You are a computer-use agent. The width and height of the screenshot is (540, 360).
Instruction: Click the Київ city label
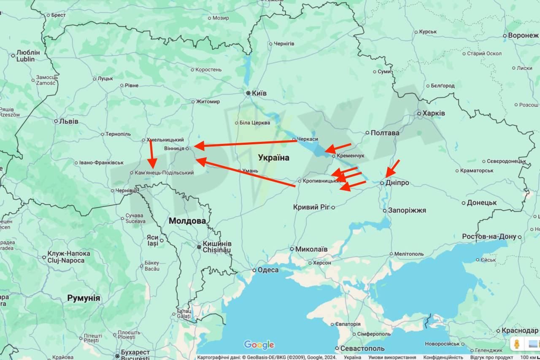click(259, 93)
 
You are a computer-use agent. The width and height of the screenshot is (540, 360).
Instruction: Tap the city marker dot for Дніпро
click(382, 183)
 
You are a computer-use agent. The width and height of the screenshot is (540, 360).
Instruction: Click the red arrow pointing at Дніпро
click(392, 168)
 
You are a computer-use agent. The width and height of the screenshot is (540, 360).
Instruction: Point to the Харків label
click(434, 113)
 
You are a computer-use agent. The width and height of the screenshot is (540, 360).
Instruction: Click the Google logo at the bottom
click(259, 345)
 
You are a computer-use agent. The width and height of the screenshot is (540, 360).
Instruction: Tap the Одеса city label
click(268, 270)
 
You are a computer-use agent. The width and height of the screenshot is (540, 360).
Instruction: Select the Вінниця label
click(174, 148)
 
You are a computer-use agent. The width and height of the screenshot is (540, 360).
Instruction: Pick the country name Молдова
click(187, 221)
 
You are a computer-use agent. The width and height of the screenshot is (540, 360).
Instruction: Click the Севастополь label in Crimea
click(362, 349)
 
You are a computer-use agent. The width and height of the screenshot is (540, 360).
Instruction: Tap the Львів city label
click(68, 121)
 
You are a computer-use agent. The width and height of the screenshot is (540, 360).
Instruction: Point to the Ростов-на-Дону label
click(489, 236)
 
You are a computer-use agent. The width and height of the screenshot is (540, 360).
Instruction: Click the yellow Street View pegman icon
click(516, 344)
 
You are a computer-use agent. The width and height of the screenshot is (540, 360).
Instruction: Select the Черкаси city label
click(308, 139)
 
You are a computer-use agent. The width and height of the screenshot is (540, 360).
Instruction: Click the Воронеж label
click(523, 35)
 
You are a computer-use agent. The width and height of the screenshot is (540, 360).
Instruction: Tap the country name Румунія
click(84, 298)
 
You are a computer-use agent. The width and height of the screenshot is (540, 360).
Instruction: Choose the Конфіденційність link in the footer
click(443, 357)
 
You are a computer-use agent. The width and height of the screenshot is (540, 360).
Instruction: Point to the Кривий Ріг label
click(311, 207)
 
